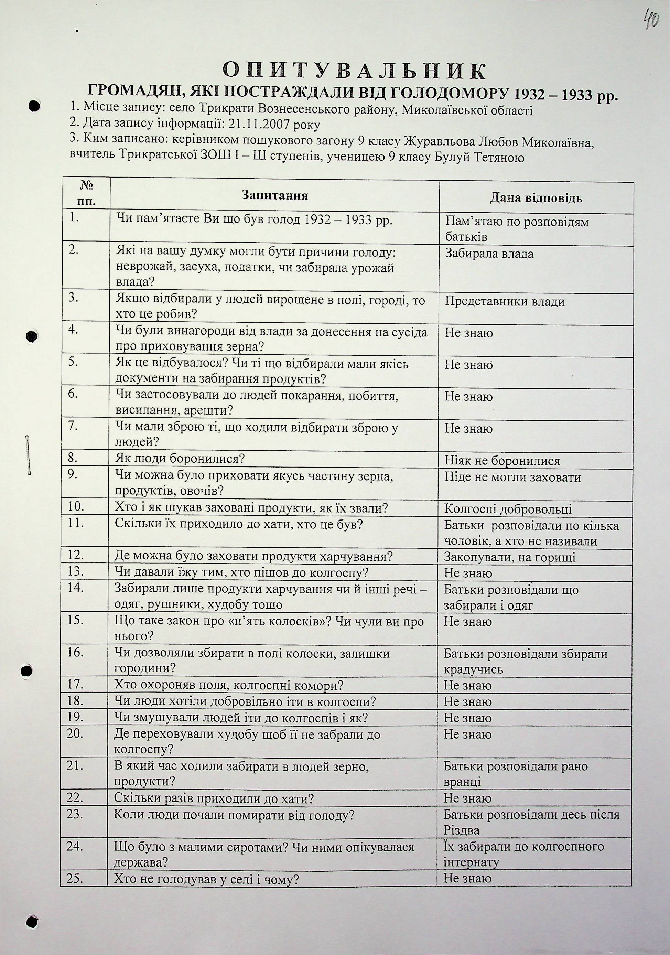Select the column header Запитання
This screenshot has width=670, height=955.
[x=275, y=195]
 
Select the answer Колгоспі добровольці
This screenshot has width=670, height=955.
[x=508, y=509]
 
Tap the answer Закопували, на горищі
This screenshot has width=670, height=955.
[x=509, y=557]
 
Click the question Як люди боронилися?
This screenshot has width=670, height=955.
[x=179, y=459]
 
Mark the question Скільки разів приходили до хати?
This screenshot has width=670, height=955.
[x=214, y=798]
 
